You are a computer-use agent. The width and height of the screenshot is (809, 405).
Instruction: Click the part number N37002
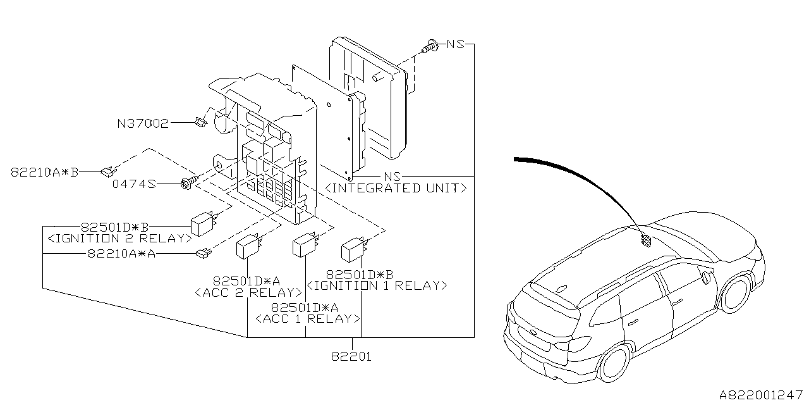[x=143, y=123]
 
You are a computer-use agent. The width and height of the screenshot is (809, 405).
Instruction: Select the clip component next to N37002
[x=201, y=121]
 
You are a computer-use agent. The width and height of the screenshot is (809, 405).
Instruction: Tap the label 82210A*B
[x=44, y=171]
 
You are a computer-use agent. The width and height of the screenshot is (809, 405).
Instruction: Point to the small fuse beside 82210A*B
[x=109, y=170]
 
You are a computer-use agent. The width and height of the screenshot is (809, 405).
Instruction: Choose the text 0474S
[x=135, y=184]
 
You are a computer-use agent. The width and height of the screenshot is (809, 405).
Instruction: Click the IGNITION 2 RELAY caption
[x=119, y=239]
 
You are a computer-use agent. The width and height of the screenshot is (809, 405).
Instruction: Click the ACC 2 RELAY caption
[x=248, y=292]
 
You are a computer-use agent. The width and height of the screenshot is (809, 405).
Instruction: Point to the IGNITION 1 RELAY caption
[x=376, y=285]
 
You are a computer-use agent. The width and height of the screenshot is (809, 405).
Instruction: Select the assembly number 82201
[x=351, y=357]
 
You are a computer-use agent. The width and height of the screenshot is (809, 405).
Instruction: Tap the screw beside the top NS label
[x=432, y=46]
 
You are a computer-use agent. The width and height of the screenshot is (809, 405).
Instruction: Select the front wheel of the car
[x=736, y=292]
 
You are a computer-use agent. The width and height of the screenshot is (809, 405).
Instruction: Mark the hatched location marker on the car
[x=647, y=240]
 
